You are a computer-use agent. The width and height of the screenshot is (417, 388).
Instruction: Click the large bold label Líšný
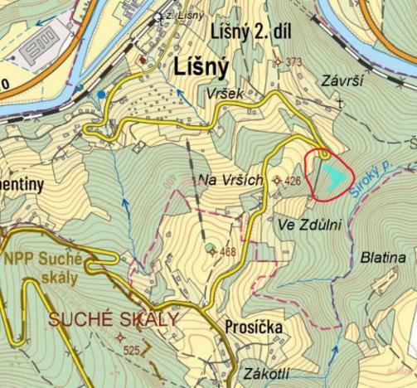coord(201,65)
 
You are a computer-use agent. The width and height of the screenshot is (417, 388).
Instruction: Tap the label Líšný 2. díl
coord(250,32)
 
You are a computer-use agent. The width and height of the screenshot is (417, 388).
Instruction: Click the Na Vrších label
coord(230,180)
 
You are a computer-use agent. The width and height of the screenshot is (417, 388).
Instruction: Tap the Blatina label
coord(383,258)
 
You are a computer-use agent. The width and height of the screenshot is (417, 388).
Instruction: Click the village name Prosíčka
coord(253,327)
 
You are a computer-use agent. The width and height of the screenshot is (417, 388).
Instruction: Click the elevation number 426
coord(291,180)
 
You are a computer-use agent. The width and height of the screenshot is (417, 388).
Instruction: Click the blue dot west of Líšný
coord(101,95)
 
